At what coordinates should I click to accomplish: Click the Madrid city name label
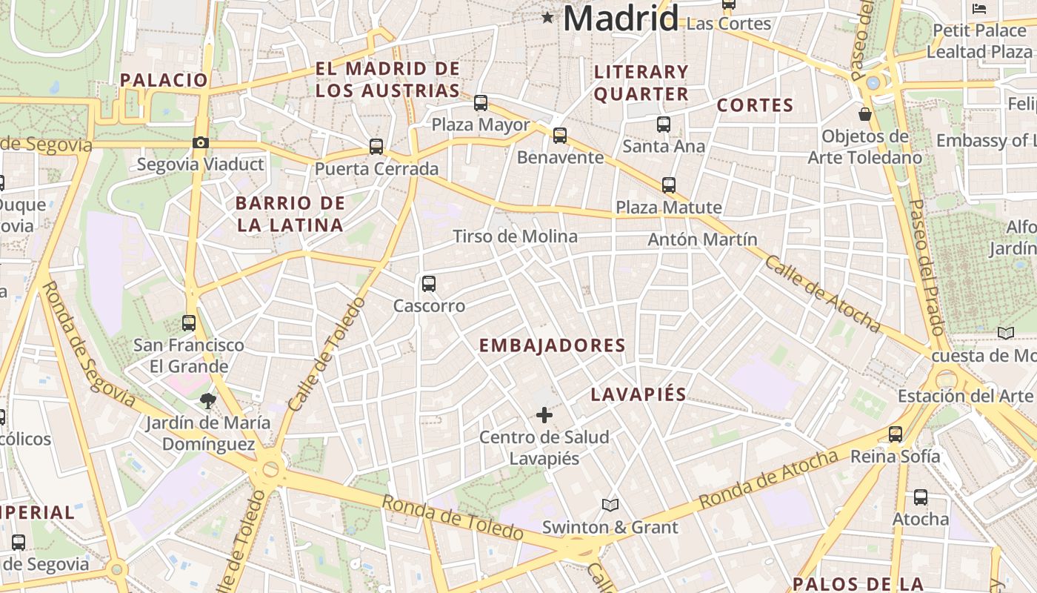[x=621, y=18]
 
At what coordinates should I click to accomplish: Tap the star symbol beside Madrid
[x=547, y=17]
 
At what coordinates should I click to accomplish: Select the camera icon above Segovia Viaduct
[x=201, y=143]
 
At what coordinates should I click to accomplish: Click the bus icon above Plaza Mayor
[x=481, y=103]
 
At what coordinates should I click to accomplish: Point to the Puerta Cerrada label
[x=376, y=169]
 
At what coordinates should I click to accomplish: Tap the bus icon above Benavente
[x=560, y=136]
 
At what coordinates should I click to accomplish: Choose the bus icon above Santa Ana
[x=664, y=125]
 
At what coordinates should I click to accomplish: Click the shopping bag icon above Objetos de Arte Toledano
[x=864, y=114]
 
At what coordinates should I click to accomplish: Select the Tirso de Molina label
[x=515, y=236]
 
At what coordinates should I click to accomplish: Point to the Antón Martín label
[x=702, y=239]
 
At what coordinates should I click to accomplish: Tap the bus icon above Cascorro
[x=429, y=284]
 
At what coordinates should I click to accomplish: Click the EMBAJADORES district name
[x=553, y=345]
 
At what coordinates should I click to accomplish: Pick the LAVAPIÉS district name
[x=638, y=395]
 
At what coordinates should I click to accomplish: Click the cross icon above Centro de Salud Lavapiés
[x=544, y=415]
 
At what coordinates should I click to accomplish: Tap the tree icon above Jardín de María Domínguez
[x=207, y=401]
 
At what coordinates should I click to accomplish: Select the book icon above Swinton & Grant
[x=610, y=505]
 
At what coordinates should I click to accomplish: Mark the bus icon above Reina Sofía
[x=896, y=434]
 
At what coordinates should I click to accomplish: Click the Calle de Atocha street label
[x=822, y=294]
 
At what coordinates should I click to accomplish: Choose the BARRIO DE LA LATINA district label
[x=290, y=214]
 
